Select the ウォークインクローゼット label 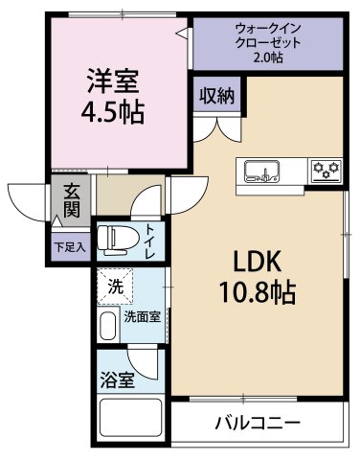coord(267,36)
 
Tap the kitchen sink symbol coord(260,172)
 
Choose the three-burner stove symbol coord(326,171)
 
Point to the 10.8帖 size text coord(252,289)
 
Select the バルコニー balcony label coord(256,422)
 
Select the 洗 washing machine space coord(115,285)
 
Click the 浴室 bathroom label coord(120,379)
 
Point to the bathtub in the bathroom coord(131,422)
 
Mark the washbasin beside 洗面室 coord(106,326)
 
